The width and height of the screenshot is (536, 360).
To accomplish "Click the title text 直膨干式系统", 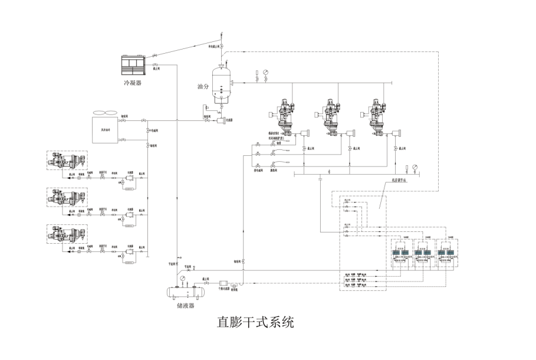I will click(255, 323).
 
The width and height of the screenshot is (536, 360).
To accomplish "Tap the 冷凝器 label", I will click(133, 83).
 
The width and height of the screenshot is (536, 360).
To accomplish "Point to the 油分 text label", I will click(203, 86).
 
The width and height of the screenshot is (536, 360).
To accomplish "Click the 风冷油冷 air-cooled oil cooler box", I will click(106, 129).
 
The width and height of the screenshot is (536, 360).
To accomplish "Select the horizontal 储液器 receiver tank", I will click(184, 291).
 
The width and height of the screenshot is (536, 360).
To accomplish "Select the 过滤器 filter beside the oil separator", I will click(222, 120).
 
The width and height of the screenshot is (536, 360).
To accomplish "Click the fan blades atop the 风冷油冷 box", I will click(106, 113).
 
